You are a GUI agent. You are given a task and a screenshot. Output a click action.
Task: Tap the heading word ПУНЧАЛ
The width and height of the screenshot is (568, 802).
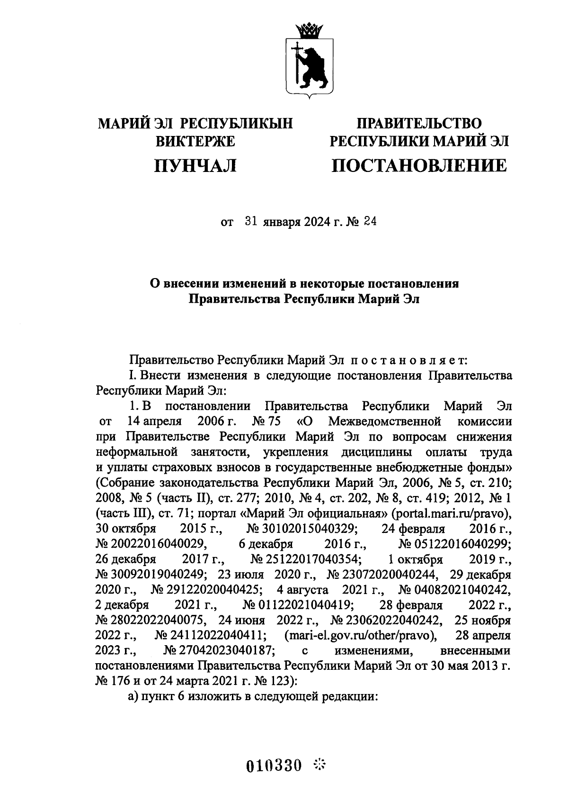195,165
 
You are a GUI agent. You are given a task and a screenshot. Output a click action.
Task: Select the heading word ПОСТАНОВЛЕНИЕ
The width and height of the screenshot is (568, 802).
419,165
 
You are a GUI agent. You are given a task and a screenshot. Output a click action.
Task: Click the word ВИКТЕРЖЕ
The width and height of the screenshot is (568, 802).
195,142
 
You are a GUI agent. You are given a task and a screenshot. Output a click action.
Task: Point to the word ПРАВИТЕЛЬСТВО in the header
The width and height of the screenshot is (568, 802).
419,124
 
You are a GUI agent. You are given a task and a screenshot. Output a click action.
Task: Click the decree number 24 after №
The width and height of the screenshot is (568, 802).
370,222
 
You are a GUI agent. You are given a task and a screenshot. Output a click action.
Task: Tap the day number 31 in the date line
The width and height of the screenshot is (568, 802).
251,222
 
